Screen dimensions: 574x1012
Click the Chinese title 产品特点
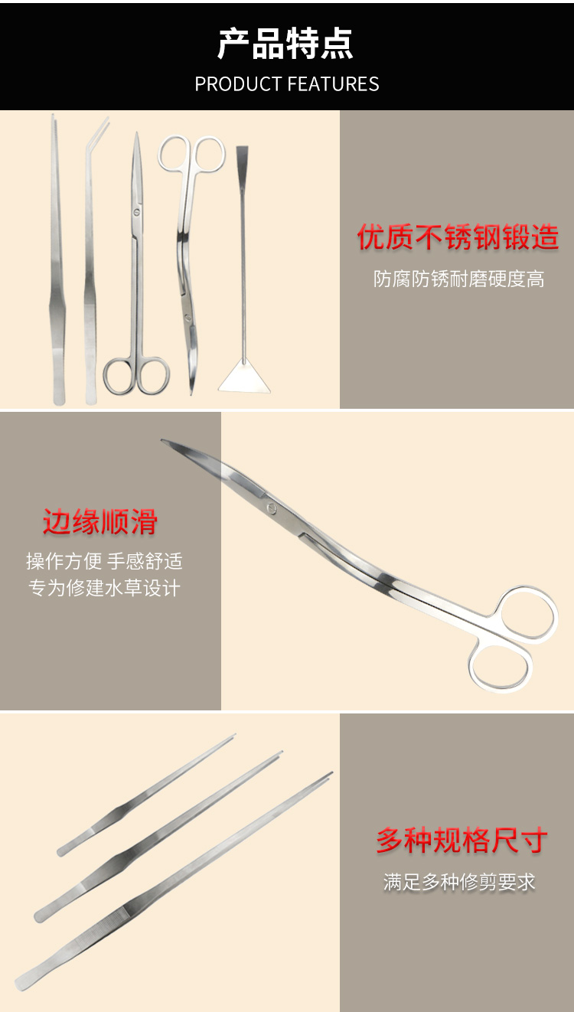click(285, 44)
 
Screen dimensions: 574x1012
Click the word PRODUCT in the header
click(238, 84)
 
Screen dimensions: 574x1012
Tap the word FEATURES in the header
click(333, 84)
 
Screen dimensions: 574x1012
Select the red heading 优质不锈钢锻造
click(458, 237)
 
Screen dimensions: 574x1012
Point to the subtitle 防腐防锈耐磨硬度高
click(459, 279)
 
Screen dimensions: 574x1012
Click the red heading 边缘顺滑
click(100, 522)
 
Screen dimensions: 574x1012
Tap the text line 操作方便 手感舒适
click(104, 561)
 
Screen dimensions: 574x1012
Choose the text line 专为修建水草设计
click(104, 588)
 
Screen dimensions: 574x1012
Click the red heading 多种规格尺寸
click(461, 841)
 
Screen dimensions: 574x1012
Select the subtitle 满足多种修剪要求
click(459, 882)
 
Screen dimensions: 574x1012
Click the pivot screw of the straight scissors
click(136, 211)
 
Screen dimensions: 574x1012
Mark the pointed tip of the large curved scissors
click(162, 440)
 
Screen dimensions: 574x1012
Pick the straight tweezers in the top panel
click(57, 260)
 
